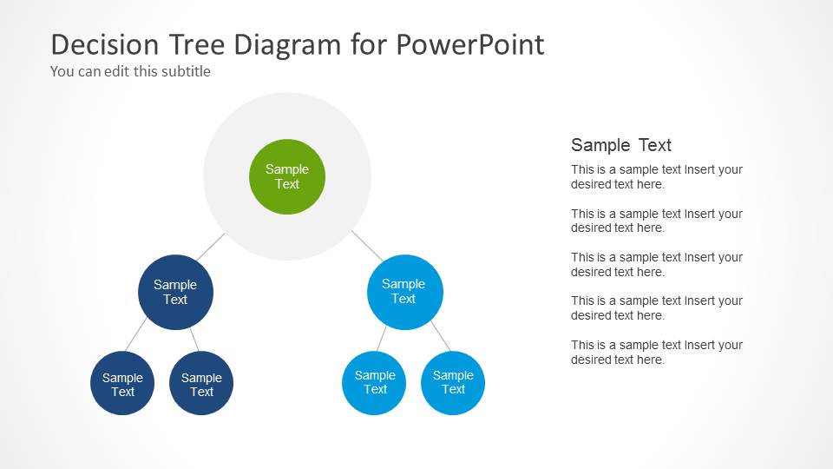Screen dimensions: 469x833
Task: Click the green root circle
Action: coord(287,176)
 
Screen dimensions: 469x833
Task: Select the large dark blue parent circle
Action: coord(175,292)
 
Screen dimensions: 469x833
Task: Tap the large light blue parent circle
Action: coord(404,291)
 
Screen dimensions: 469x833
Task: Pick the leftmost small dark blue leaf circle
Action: coord(122,384)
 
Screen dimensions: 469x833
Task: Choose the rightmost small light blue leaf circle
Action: coord(453,382)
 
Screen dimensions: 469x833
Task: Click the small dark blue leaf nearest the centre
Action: coord(201,384)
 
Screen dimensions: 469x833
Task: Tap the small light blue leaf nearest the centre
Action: coord(375,382)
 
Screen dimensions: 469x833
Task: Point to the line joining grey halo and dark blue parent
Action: coord(210,247)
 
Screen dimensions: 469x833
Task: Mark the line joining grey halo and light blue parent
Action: coord(366,246)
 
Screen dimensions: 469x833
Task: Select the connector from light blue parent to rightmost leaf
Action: coord(440,336)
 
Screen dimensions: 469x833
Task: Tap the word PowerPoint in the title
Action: coord(471,44)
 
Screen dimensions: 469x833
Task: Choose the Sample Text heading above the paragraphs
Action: coord(621,145)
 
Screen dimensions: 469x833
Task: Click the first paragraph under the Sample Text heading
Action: coord(656,177)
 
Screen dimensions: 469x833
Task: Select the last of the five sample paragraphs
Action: coord(656,352)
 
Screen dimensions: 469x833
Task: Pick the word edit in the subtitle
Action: coord(118,71)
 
